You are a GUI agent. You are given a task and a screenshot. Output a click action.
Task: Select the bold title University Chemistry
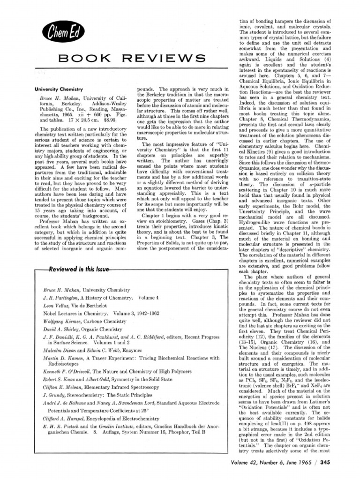coord(59,89)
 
